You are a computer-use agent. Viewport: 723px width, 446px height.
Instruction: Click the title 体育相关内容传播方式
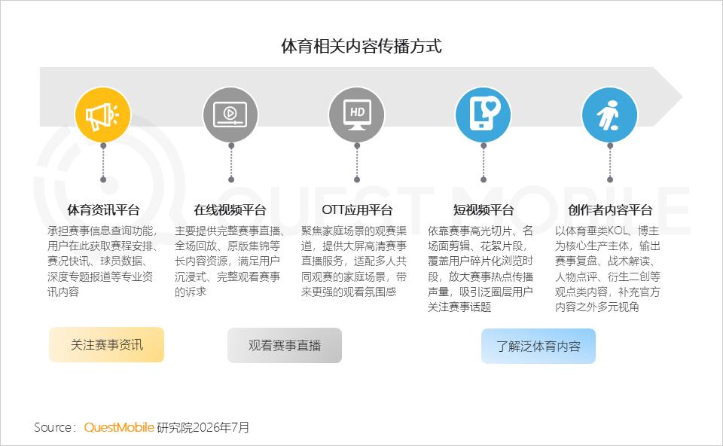(x=361, y=46)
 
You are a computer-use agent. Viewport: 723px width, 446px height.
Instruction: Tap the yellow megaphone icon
(x=103, y=115)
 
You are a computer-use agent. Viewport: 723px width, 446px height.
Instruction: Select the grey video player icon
(x=230, y=115)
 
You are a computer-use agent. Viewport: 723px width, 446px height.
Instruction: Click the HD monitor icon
(x=357, y=115)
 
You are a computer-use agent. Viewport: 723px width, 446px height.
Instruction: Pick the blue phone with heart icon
(x=484, y=115)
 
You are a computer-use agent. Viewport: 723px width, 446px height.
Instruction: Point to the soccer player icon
(x=609, y=115)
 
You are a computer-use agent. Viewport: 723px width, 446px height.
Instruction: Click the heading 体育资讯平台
(x=103, y=210)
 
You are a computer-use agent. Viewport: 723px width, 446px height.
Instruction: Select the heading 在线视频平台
(x=230, y=210)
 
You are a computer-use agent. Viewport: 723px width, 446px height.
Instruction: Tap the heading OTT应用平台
(x=357, y=210)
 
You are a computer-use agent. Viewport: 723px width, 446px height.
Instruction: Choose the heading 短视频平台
(x=484, y=210)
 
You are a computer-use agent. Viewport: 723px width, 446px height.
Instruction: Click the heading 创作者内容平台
(x=610, y=210)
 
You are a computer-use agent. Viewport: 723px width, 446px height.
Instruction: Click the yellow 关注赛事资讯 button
(x=106, y=345)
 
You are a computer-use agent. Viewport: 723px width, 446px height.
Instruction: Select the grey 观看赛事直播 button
(x=285, y=346)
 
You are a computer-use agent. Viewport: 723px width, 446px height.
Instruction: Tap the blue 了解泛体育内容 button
(x=538, y=347)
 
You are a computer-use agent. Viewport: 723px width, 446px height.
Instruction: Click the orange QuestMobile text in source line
(x=119, y=428)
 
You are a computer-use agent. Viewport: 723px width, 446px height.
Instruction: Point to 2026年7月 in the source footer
(x=221, y=428)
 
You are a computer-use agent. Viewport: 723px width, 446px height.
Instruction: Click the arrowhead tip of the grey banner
(x=682, y=97)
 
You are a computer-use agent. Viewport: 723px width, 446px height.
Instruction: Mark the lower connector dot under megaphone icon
(x=103, y=179)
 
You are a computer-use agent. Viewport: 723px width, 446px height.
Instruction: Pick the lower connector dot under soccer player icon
(x=610, y=179)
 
